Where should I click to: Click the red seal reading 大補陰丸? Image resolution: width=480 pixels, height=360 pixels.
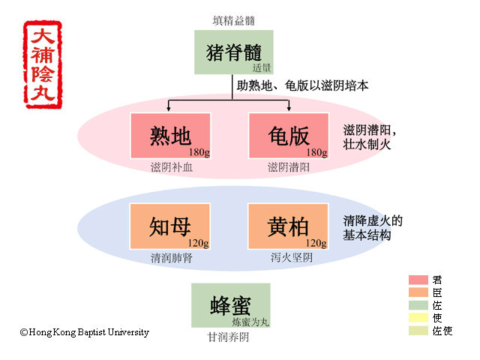click(43, 64)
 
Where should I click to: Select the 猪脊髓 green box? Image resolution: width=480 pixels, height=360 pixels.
click(233, 52)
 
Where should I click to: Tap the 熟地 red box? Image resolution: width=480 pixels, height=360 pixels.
click(170, 136)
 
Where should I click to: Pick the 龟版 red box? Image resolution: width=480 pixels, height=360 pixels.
click(289, 136)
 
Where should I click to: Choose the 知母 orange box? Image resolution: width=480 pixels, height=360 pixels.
click(170, 226)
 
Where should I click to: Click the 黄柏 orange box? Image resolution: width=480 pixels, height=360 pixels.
click(288, 226)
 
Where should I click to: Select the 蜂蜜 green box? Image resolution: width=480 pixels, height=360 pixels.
click(231, 305)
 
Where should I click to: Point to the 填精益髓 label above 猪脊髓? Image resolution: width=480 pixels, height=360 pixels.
click(234, 21)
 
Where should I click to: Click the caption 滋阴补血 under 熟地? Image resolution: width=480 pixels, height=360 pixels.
click(172, 167)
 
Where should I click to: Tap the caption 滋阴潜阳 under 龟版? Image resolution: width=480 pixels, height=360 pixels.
click(289, 167)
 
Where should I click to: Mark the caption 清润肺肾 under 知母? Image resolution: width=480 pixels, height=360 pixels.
click(172, 258)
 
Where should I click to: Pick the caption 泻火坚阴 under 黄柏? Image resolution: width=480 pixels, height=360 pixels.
click(292, 257)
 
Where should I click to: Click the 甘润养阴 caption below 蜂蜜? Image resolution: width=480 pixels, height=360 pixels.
click(228, 337)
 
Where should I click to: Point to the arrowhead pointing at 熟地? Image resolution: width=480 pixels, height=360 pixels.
click(168, 109)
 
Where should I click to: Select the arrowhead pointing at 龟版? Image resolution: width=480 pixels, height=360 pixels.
click(289, 109)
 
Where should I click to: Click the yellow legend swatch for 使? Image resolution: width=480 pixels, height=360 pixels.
click(418, 318)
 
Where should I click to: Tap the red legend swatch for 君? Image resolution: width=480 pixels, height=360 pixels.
click(418, 280)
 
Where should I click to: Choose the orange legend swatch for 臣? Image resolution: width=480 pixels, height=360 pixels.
click(418, 292)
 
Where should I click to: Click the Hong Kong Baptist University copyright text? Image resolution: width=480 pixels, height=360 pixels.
click(85, 332)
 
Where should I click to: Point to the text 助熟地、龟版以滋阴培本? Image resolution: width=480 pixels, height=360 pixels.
click(302, 85)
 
